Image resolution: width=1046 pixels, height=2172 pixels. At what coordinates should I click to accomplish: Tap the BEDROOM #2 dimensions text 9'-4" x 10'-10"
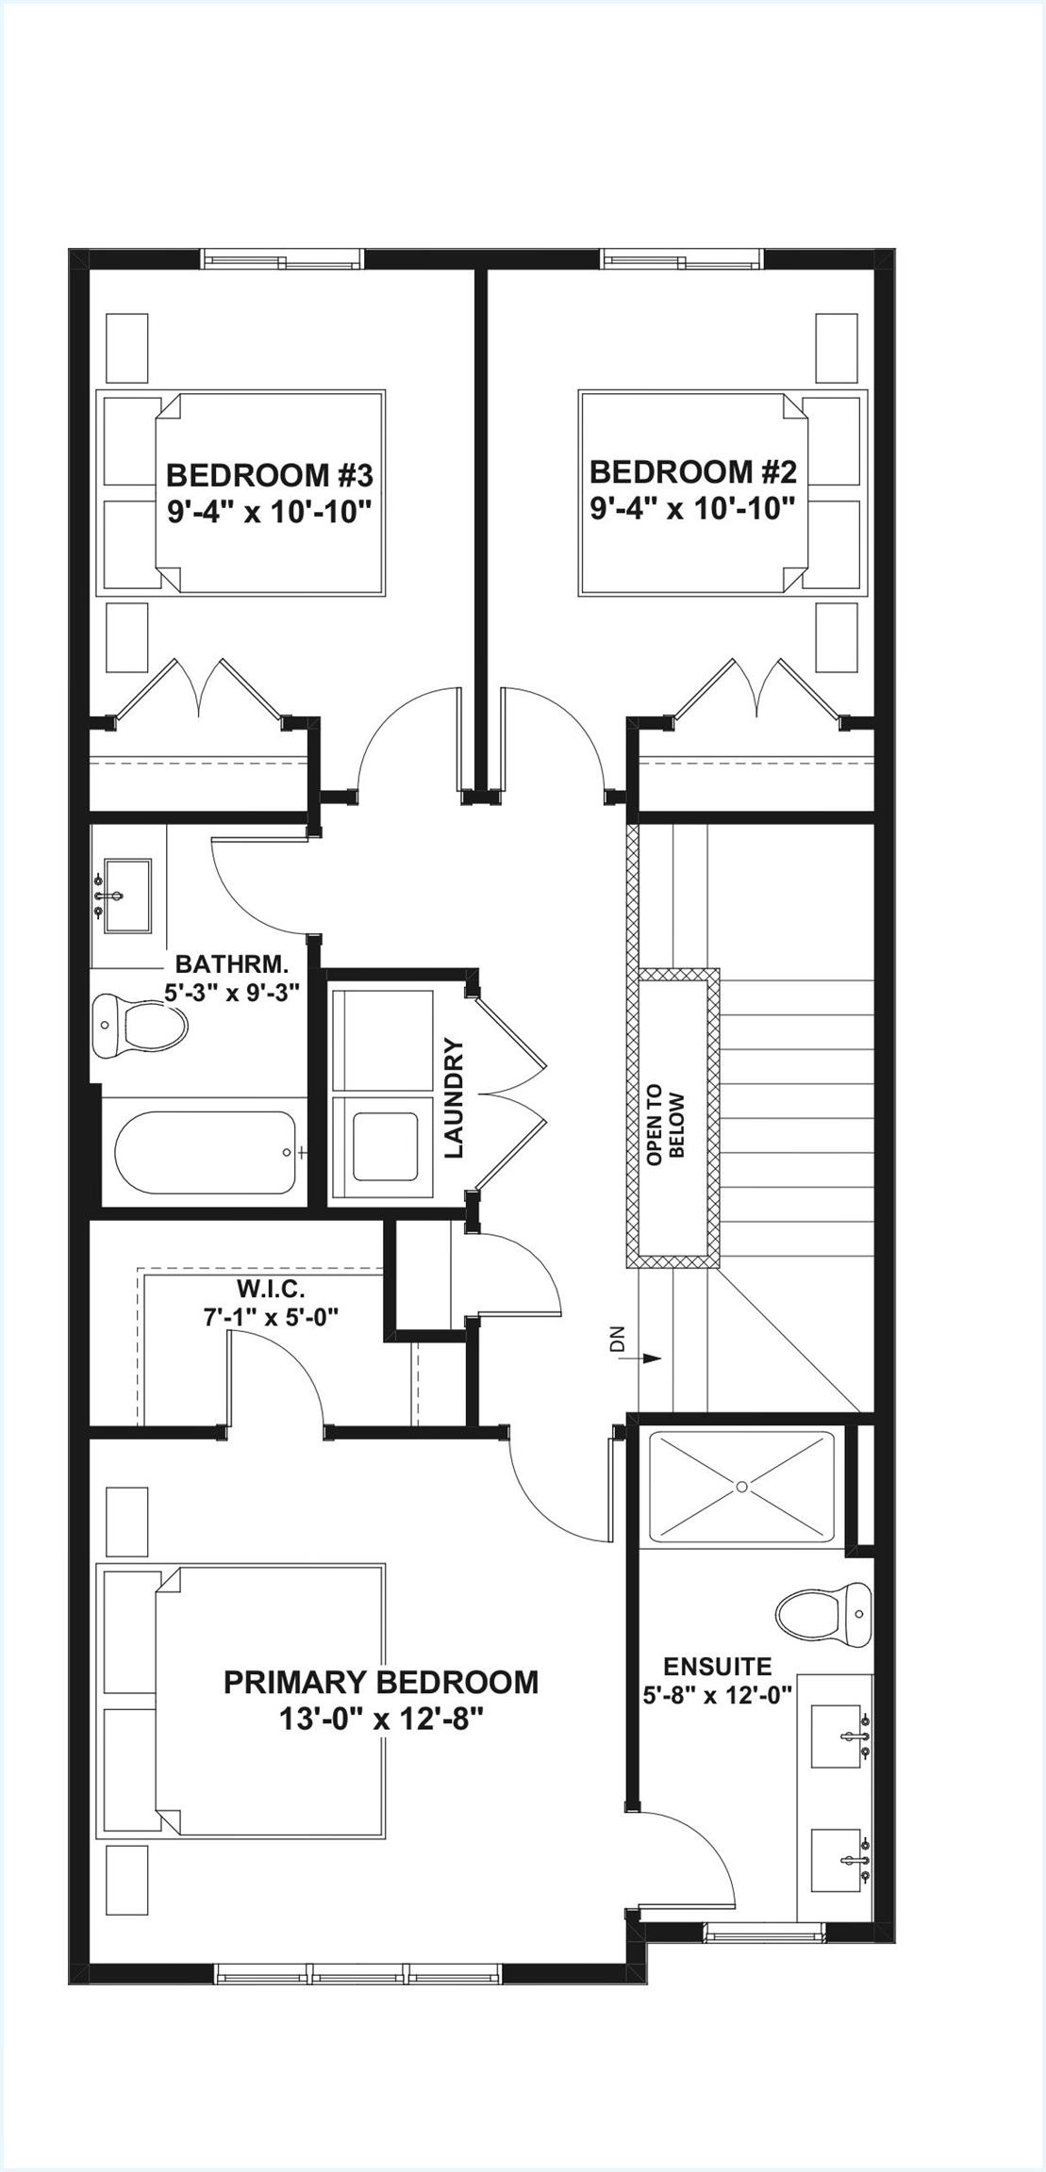[x=692, y=509]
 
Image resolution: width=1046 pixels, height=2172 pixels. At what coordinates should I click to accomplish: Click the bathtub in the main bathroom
[x=205, y=1152]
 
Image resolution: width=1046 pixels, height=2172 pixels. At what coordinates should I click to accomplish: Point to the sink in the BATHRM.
[x=126, y=895]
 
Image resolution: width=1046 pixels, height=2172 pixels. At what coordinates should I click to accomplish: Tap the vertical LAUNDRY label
[x=455, y=1098]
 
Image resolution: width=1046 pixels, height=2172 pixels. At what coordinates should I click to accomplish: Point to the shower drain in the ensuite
[x=742, y=1487]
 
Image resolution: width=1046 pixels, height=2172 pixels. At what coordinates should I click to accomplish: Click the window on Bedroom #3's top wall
[x=283, y=258]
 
